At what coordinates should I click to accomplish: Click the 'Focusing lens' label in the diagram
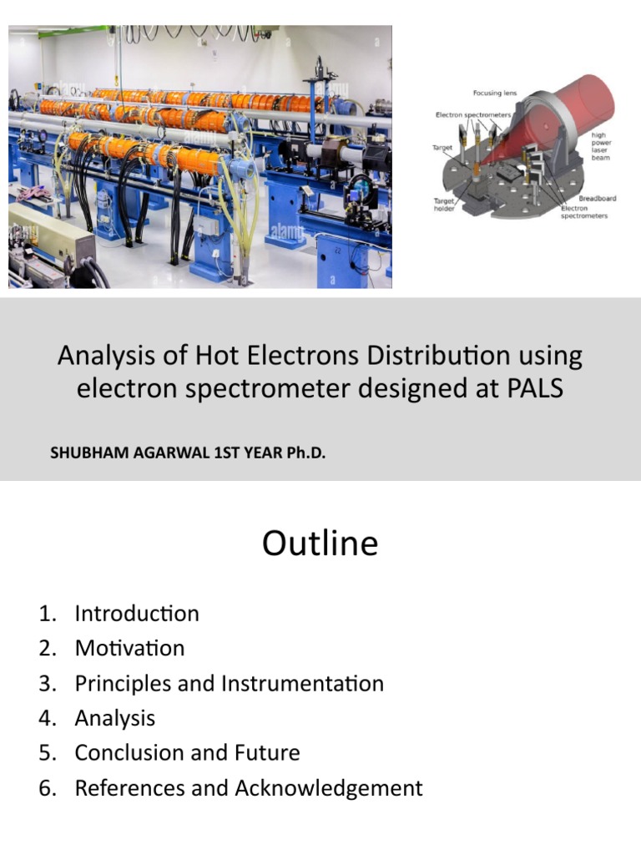pos(493,93)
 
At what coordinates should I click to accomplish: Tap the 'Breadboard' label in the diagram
pos(598,199)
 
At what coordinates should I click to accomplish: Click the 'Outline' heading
pos(320,544)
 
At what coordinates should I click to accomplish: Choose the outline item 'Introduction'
pos(137,614)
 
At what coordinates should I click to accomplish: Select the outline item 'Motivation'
pos(129,648)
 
